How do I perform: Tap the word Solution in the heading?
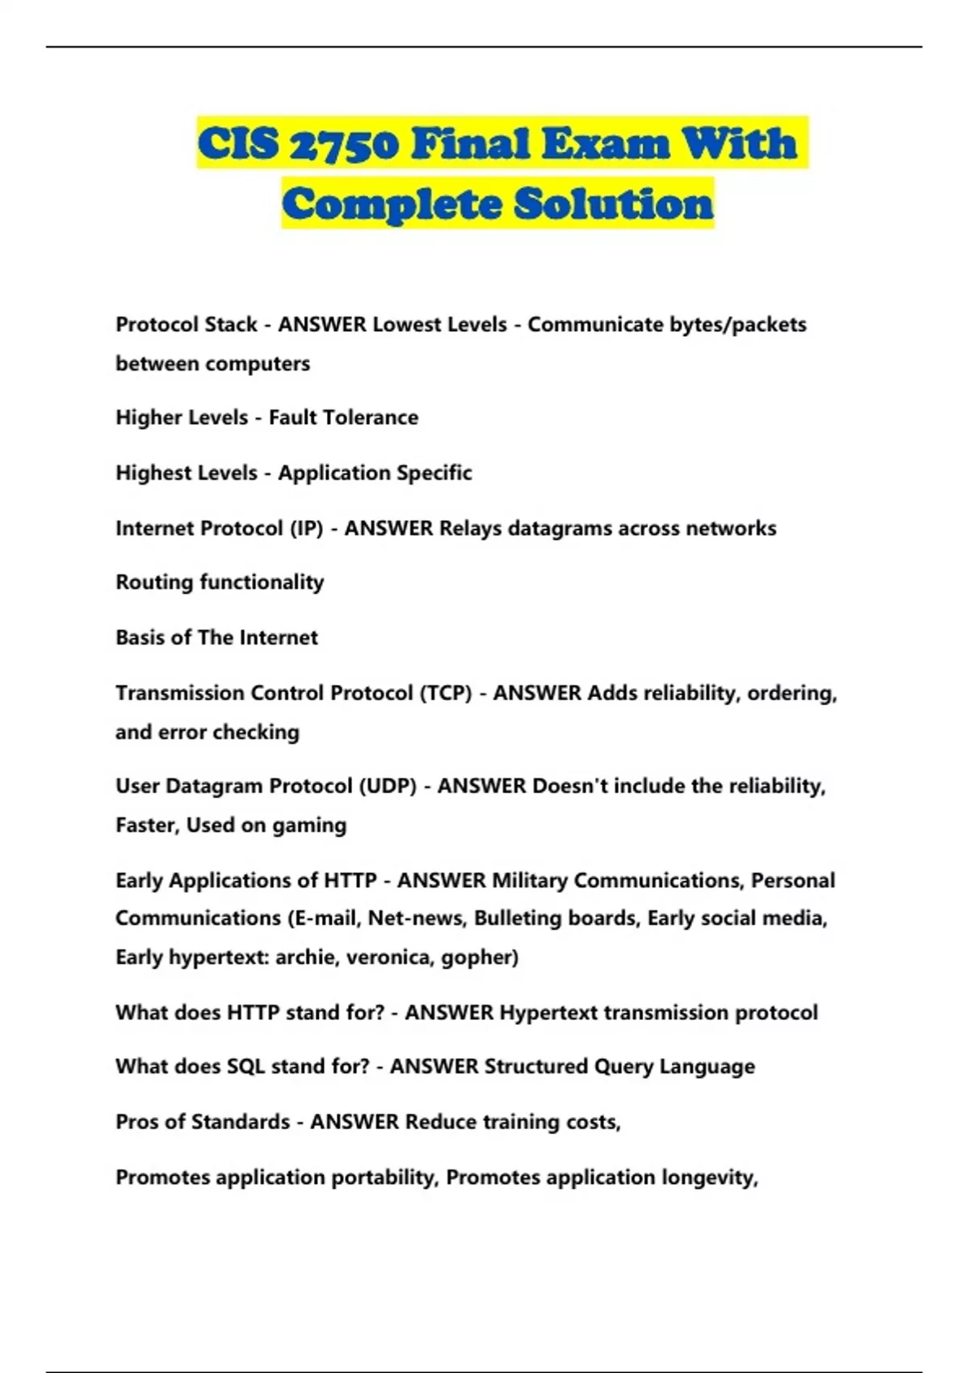[614, 204]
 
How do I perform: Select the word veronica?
[392, 957]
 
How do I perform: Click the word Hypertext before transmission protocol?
[548, 1013]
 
